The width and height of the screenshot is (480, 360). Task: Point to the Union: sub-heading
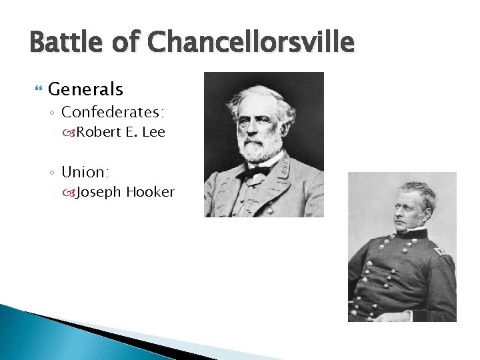(x=85, y=172)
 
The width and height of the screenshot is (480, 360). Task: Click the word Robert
(x=99, y=132)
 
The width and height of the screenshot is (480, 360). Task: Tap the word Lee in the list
(x=153, y=132)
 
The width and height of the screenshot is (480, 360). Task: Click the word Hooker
(x=150, y=193)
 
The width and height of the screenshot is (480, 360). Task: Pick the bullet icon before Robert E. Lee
(x=69, y=133)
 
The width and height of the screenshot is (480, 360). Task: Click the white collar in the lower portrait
(x=416, y=233)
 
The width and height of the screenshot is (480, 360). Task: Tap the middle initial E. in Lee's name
(x=131, y=132)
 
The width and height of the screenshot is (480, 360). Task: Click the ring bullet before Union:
(x=53, y=173)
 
